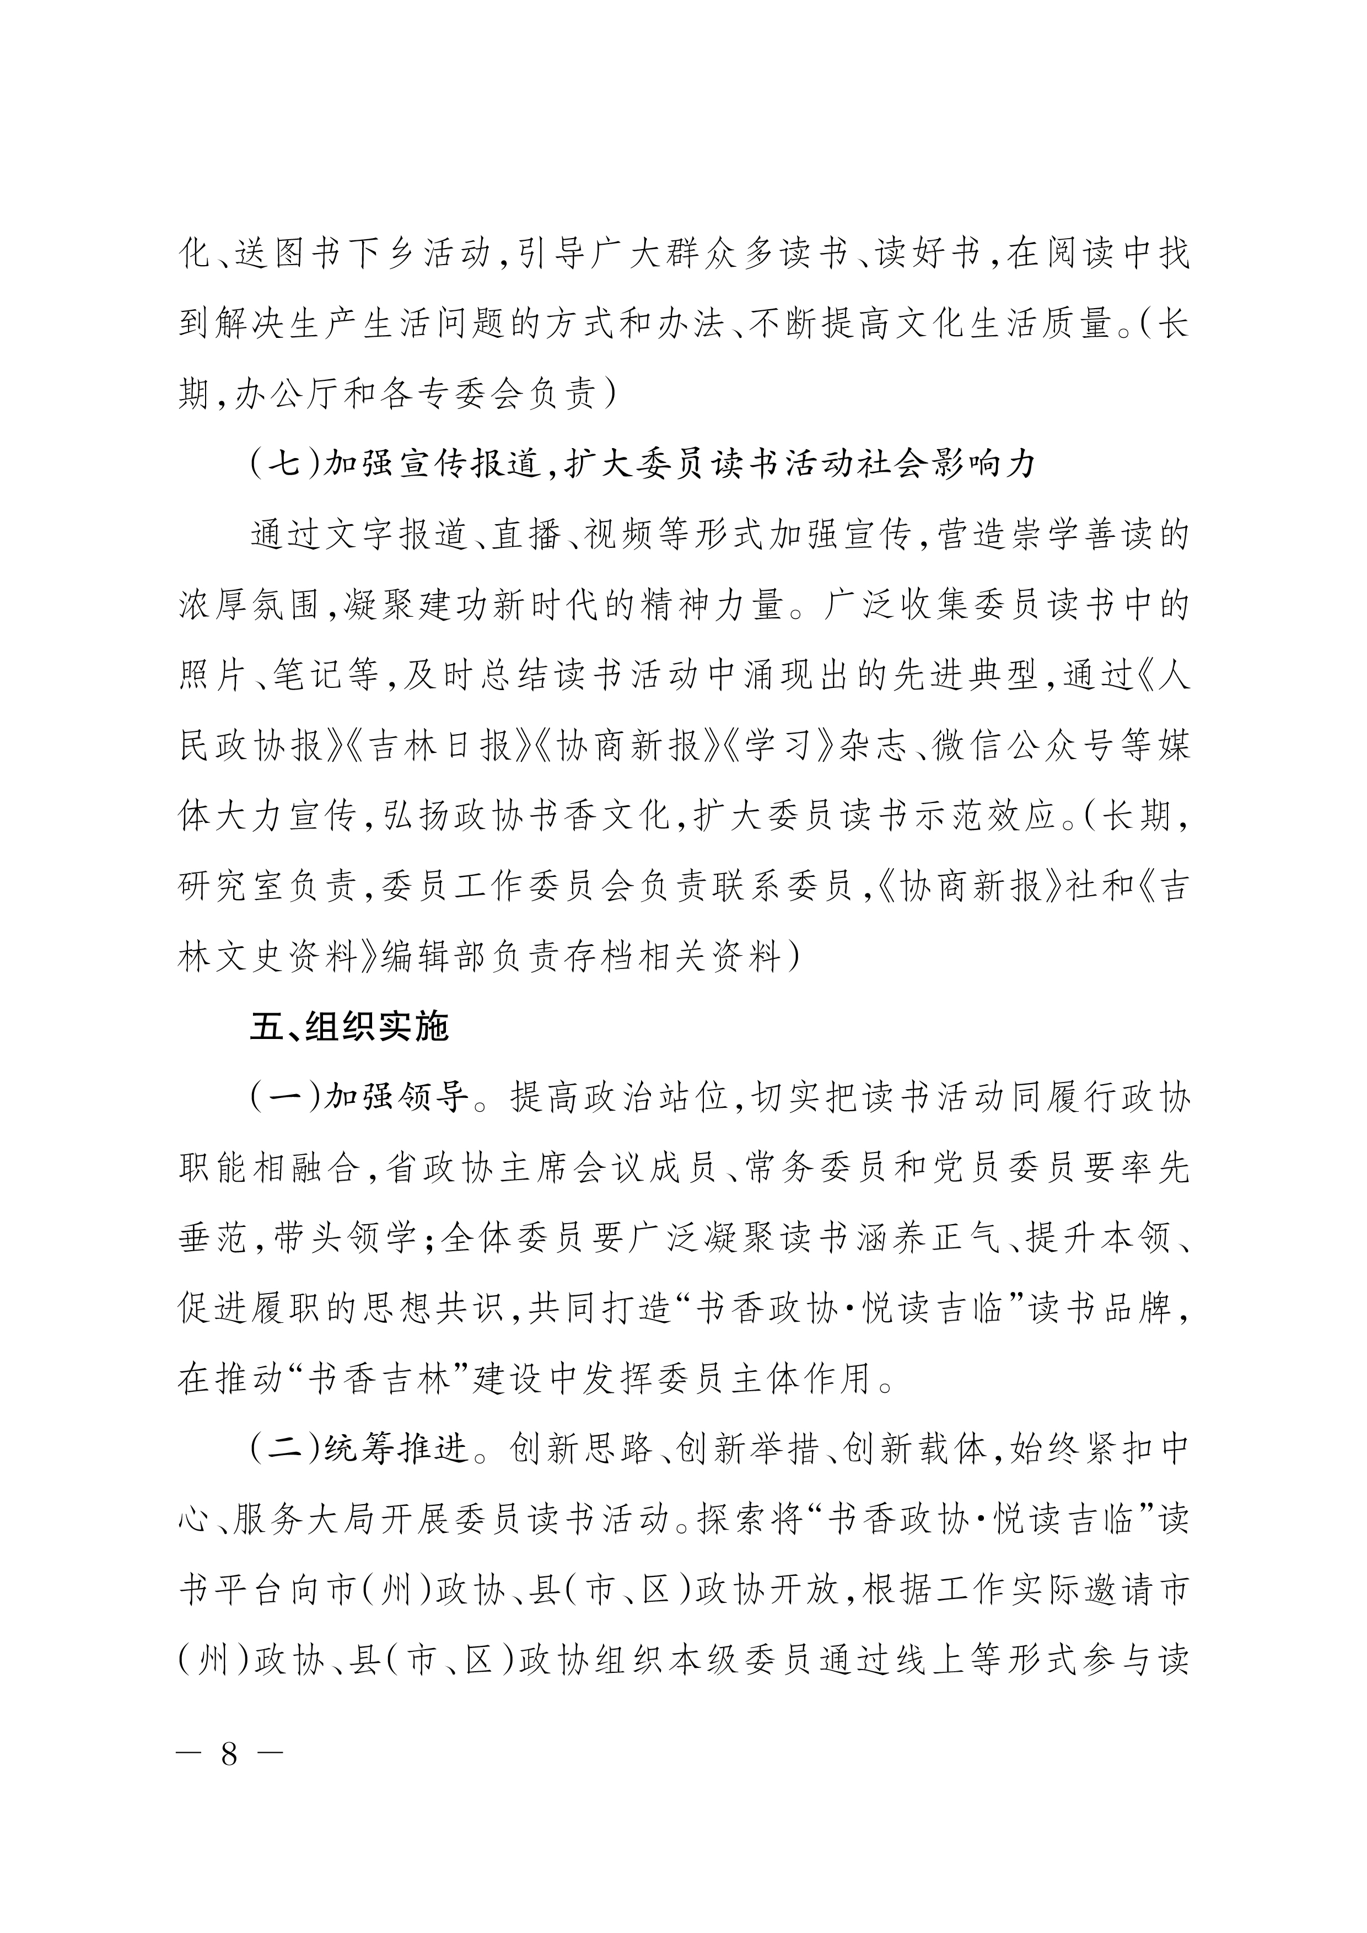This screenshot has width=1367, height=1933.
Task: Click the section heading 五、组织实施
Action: coord(349,1027)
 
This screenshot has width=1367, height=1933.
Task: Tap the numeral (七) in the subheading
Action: coord(286,464)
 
